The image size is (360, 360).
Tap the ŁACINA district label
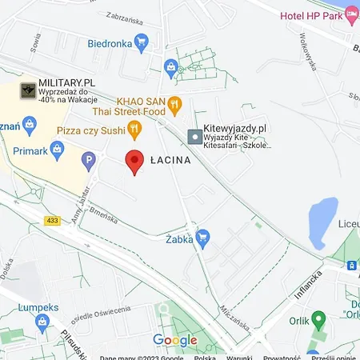(x=170, y=161)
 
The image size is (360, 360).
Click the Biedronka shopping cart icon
(x=142, y=43)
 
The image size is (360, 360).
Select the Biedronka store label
(x=110, y=43)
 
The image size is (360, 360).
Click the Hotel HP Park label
(x=311, y=16)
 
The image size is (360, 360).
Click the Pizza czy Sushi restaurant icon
(x=134, y=128)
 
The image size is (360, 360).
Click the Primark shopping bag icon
(x=56, y=148)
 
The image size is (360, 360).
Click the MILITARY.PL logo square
(x=28, y=91)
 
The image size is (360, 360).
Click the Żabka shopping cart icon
(x=202, y=238)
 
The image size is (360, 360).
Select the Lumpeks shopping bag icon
(x=42, y=322)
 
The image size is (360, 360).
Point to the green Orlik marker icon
(x=318, y=318)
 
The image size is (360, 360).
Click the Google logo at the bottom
(x=174, y=340)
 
